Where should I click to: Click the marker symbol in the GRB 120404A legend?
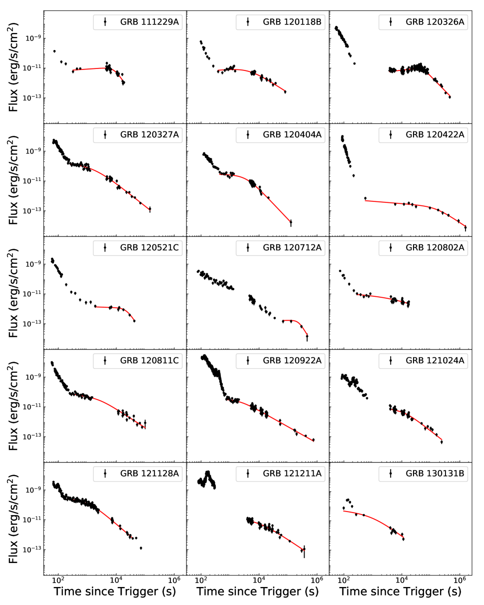click(248, 134)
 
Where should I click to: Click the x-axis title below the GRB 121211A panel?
click(257, 592)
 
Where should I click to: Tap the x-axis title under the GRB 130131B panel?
click(400, 592)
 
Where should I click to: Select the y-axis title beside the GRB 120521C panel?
click(13, 293)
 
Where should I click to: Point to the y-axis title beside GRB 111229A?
click(13, 67)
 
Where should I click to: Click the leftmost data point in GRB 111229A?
click(54, 51)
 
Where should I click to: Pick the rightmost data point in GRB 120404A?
click(291, 222)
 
